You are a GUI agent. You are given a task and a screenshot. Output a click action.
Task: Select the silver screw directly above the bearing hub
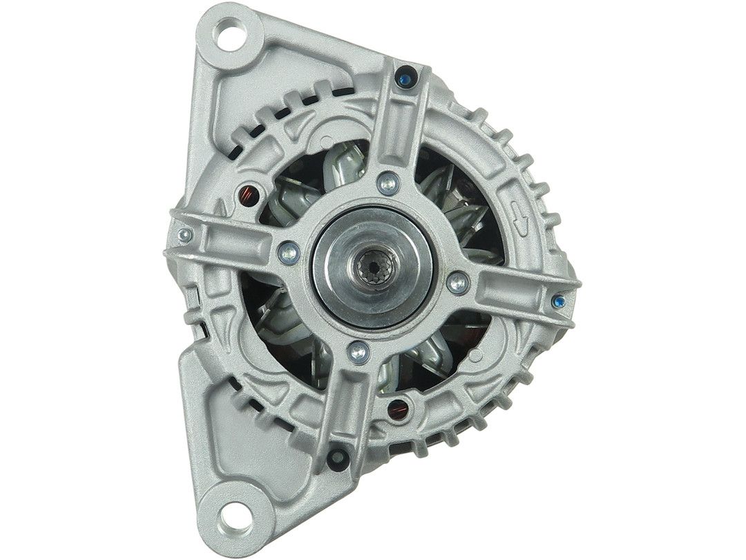(x=388, y=183)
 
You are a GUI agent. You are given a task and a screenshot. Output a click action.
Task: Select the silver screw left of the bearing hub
(x=289, y=253)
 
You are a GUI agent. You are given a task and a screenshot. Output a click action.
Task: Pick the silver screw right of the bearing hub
(x=457, y=281)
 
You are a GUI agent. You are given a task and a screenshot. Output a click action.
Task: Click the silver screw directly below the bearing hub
(x=357, y=352)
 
